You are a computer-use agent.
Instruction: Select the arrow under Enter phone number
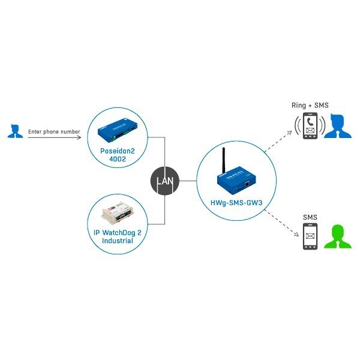54,139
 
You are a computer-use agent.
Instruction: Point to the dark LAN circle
163,180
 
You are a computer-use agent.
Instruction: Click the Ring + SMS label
310,106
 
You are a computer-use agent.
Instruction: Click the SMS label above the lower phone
310,216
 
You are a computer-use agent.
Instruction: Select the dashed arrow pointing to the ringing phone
279,147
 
